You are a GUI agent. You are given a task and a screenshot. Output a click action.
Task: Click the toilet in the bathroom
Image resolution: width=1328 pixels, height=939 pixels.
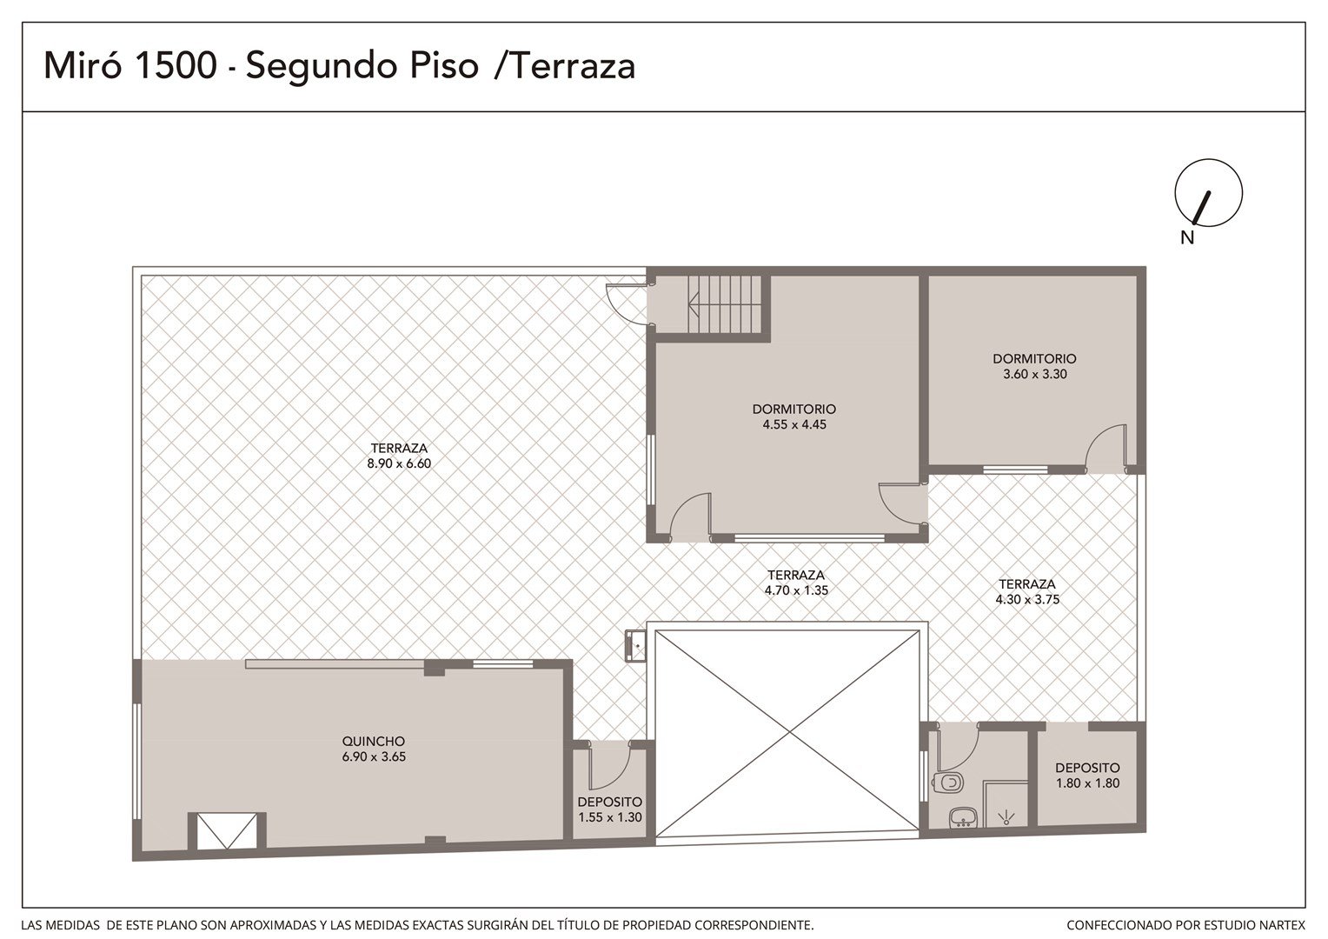pyautogui.click(x=948, y=782)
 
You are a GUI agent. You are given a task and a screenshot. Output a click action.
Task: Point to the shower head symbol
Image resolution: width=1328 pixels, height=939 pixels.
pyautogui.click(x=1006, y=819)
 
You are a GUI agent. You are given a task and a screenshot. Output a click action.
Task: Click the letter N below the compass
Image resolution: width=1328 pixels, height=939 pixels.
pyautogui.click(x=1187, y=237)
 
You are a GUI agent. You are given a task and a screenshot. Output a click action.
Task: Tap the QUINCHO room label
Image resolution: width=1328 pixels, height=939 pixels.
pyautogui.click(x=374, y=741)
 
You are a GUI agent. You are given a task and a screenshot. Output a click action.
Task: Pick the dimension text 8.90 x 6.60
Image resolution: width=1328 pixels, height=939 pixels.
pyautogui.click(x=399, y=463)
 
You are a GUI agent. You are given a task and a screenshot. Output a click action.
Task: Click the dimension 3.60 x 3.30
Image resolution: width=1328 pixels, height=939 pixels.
pyautogui.click(x=1034, y=374)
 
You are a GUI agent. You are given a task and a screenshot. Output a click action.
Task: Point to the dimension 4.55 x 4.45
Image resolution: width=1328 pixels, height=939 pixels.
pyautogui.click(x=793, y=424)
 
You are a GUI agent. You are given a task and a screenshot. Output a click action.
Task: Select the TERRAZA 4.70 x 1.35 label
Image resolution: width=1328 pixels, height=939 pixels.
pyautogui.click(x=795, y=583)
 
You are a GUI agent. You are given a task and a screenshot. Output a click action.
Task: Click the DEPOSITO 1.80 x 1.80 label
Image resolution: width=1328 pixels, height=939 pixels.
pyautogui.click(x=1087, y=776)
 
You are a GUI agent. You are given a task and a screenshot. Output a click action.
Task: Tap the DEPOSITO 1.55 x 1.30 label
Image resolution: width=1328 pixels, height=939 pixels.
pyautogui.click(x=609, y=809)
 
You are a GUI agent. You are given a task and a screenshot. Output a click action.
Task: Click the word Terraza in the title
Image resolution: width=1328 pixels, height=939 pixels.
pyautogui.click(x=573, y=65)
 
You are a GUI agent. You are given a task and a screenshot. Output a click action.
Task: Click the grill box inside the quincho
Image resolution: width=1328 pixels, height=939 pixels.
pyautogui.click(x=227, y=830)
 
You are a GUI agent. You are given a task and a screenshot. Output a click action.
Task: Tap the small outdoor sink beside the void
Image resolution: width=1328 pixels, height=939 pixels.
pyautogui.click(x=635, y=645)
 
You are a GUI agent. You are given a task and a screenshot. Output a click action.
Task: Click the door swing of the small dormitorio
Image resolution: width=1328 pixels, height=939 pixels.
pyautogui.click(x=1106, y=449)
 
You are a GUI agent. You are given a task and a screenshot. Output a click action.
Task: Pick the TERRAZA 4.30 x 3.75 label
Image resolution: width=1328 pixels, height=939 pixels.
pyautogui.click(x=1026, y=591)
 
